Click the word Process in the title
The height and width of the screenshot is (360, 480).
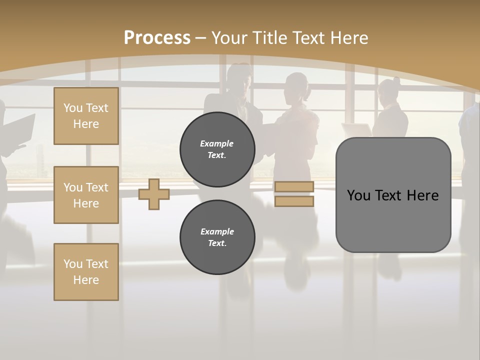tap(157, 37)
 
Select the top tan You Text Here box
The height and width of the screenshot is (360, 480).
tap(86, 116)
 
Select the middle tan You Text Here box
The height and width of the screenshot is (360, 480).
tap(86, 195)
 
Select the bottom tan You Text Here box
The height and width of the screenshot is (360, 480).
tap(86, 272)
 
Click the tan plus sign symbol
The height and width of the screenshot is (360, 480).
tap(154, 194)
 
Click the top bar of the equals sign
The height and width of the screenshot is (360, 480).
tap(294, 187)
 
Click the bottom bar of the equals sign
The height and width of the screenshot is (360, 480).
tap(294, 201)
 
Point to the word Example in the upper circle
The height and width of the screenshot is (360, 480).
tap(217, 143)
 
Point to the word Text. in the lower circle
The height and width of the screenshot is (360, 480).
tap(217, 243)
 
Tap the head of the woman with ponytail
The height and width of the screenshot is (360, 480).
tap(297, 86)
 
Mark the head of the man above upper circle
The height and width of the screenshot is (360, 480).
tap(238, 77)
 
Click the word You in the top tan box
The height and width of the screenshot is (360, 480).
tap(73, 108)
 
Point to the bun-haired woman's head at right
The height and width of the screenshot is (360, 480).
tap(389, 90)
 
